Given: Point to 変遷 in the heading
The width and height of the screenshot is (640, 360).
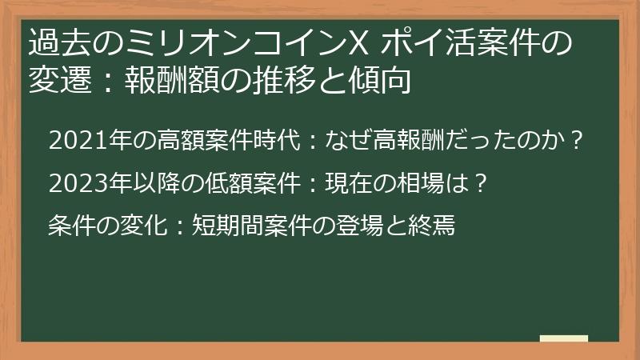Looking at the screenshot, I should [x=56, y=80].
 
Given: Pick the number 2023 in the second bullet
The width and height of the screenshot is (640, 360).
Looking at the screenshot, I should [x=71, y=184].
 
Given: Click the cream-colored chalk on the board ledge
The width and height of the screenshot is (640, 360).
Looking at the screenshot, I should [x=563, y=338].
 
